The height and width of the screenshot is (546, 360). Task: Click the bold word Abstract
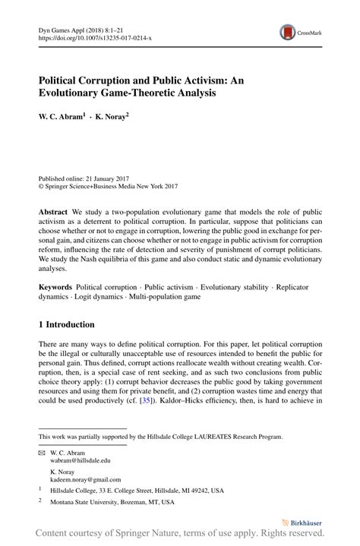(55, 207)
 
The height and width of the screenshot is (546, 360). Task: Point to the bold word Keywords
(56, 289)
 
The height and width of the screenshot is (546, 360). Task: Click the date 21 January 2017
(116, 175)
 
